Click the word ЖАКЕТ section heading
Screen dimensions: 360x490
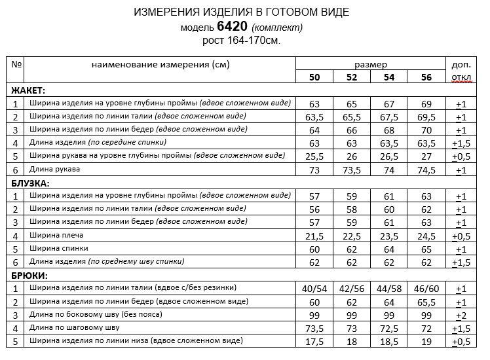click(x=28, y=90)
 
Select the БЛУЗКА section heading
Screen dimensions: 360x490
click(x=31, y=183)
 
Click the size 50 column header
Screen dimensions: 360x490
click(x=315, y=77)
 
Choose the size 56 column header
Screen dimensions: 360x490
click(x=426, y=77)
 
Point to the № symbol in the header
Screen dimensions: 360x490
click(x=18, y=65)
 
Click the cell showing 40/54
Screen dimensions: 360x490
click(x=315, y=289)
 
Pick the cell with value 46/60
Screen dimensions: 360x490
click(x=426, y=289)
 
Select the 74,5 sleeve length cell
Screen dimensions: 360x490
click(x=426, y=170)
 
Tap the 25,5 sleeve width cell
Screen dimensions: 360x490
click(x=315, y=156)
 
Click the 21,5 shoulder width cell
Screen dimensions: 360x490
click(x=315, y=236)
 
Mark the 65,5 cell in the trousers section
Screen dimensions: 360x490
click(x=426, y=302)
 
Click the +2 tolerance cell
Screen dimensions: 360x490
click(x=461, y=315)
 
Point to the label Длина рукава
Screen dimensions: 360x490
click(x=56, y=170)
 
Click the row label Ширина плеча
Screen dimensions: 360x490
click(x=56, y=235)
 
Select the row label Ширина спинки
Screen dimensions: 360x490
click(x=58, y=248)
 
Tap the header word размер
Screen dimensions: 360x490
click(x=371, y=65)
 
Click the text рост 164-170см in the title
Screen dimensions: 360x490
click(x=240, y=41)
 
